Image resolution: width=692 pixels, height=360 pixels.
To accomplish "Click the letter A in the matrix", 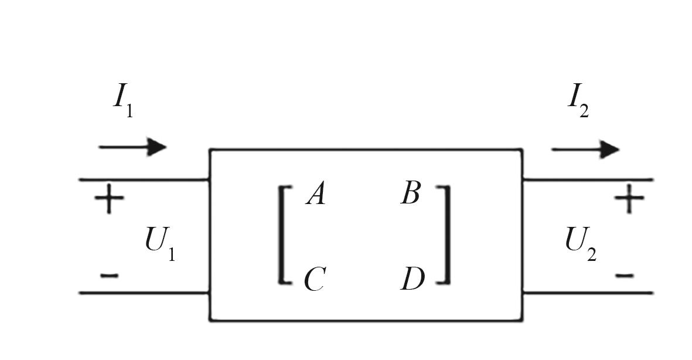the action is pos(316,194).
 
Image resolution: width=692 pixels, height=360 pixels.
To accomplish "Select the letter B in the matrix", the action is pos(410,193).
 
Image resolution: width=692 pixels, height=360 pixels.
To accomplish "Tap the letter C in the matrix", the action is pos(315,279).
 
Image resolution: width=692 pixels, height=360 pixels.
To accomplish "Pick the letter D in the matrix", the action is pos(412,279).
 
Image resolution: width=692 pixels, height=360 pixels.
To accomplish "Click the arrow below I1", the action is pos(132,147).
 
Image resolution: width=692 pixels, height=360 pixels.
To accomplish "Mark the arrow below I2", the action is pos(585,150).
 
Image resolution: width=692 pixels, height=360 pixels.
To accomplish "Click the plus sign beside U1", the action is pos(109,199).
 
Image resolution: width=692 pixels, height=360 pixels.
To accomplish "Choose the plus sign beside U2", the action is pos(629,199).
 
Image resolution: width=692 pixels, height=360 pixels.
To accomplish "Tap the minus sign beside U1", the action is pos(109,276).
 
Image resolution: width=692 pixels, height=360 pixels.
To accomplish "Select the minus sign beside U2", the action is pos(625,276).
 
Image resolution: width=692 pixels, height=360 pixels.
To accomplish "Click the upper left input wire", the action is pos(144,180).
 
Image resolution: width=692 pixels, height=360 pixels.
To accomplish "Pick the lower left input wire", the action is pos(144,293).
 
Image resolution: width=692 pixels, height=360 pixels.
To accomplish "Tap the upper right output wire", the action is pos(588,180).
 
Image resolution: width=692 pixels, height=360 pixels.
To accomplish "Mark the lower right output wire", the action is pos(588,293).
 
